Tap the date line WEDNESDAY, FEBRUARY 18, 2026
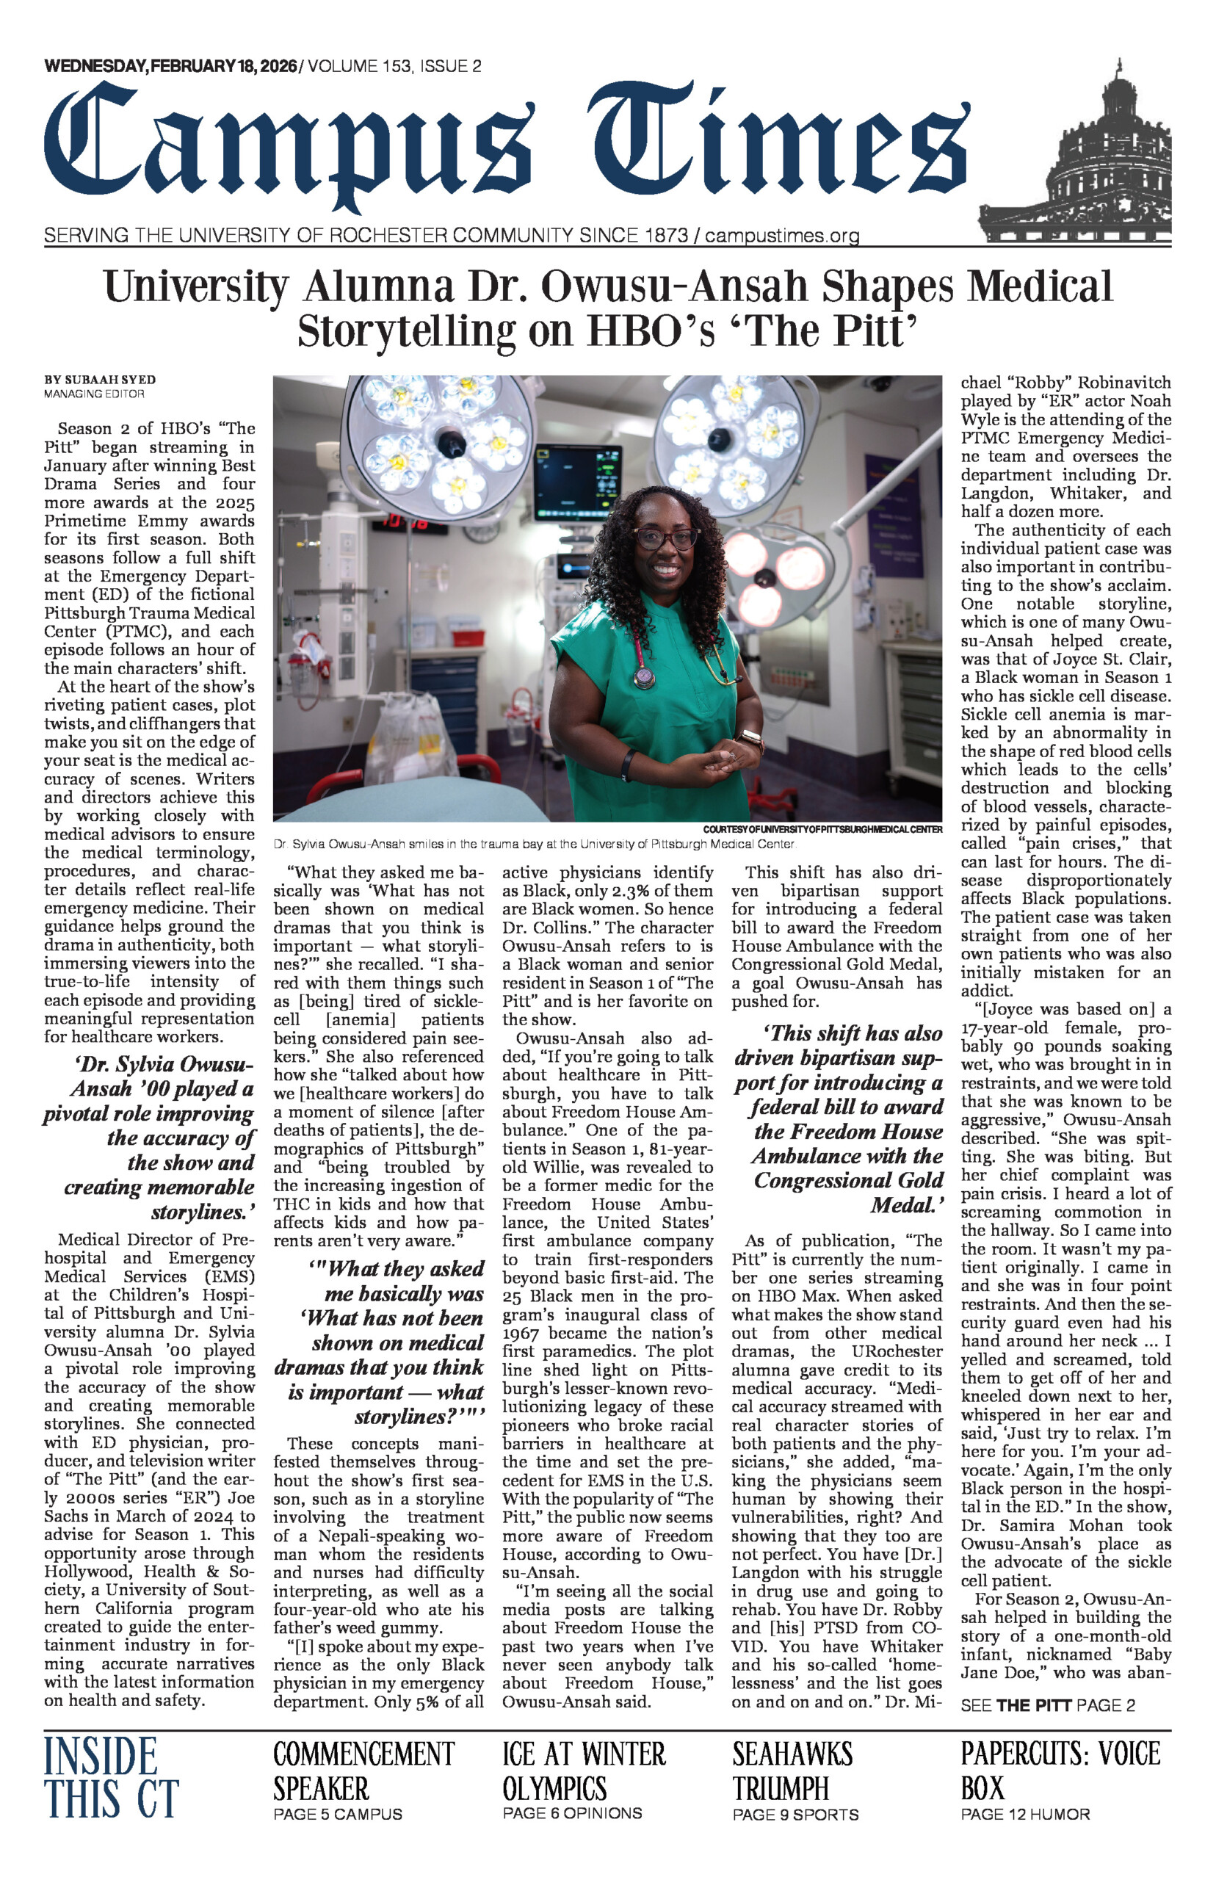click(x=170, y=66)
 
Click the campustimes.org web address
click(x=782, y=235)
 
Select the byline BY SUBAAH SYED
click(x=99, y=380)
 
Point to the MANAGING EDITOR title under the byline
click(x=94, y=393)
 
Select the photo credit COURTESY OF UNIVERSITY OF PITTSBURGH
click(x=822, y=829)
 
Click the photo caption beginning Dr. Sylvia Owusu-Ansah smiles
click(x=534, y=844)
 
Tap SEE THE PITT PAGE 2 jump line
click(x=1047, y=1705)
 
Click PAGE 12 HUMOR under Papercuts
click(x=1024, y=1815)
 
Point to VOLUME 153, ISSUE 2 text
click(x=394, y=66)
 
